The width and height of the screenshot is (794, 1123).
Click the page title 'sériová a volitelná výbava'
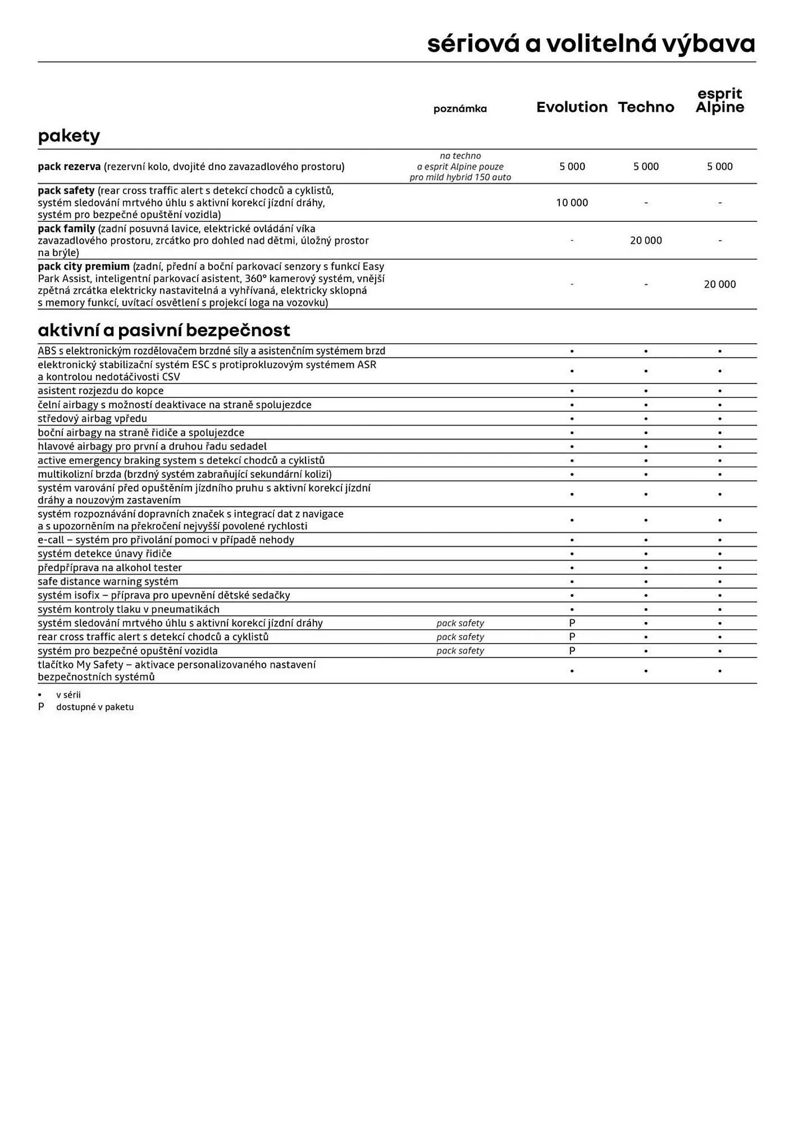click(x=591, y=44)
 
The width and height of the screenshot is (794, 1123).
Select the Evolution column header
click(x=572, y=107)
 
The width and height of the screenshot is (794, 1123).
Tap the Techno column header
click(x=646, y=107)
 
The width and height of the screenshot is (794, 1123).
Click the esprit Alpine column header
click(x=719, y=101)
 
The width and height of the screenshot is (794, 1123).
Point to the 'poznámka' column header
click(x=460, y=109)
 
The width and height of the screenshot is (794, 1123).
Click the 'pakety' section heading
click(x=69, y=136)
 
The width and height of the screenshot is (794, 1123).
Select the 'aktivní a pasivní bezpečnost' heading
click(x=164, y=330)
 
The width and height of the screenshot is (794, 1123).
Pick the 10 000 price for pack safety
click(x=572, y=203)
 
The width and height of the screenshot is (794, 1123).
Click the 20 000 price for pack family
click(x=646, y=240)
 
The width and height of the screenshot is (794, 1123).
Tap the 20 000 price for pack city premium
click(x=719, y=284)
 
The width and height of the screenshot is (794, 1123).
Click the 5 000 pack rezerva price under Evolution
click(x=572, y=166)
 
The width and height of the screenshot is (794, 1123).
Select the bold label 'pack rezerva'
click(x=69, y=166)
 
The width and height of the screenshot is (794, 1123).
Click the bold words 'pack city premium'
click(x=84, y=266)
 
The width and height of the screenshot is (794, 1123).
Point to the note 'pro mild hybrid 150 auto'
click(x=460, y=177)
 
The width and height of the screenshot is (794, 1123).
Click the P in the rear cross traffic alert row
click(x=572, y=637)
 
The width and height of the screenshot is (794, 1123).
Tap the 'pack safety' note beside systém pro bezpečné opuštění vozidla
click(x=460, y=651)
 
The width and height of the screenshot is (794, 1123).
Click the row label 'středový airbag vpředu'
click(x=92, y=418)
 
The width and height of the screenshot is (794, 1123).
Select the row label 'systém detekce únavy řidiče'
click(x=104, y=554)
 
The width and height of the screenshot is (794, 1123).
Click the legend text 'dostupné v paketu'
click(x=95, y=707)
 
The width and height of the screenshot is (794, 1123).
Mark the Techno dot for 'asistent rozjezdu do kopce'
click(x=646, y=391)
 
